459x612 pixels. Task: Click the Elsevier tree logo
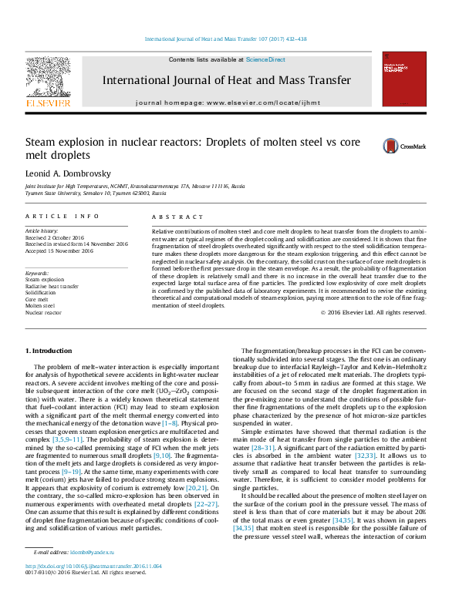click(49, 80)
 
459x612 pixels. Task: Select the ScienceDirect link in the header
click(265, 59)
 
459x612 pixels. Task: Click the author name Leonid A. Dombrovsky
click(66, 173)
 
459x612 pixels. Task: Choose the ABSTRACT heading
click(170, 217)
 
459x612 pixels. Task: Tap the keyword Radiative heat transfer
click(52, 286)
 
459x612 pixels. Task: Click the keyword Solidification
click(41, 293)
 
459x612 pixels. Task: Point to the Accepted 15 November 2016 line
click(59, 251)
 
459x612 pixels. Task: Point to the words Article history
click(42, 230)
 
